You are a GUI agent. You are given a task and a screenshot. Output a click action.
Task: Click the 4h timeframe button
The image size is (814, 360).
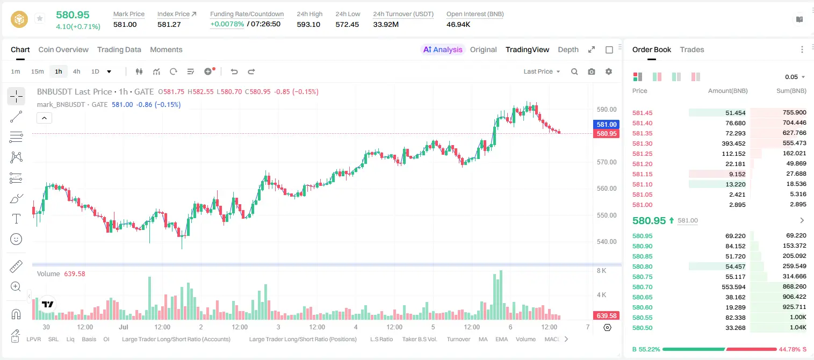click(x=76, y=71)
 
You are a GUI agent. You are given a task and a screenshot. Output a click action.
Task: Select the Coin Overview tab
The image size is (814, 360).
click(x=63, y=49)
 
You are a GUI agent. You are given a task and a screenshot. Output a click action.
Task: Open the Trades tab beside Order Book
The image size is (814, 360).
click(x=692, y=49)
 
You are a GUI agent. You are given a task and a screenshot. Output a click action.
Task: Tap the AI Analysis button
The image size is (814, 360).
click(x=443, y=49)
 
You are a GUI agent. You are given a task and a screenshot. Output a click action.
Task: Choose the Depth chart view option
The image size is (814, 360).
click(x=568, y=49)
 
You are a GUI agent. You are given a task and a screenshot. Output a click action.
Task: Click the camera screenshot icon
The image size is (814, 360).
click(x=592, y=71)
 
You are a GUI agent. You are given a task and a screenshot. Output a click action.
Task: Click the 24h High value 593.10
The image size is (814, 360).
click(x=308, y=24)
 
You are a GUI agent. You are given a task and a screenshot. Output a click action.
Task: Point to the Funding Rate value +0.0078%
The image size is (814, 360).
click(x=227, y=24)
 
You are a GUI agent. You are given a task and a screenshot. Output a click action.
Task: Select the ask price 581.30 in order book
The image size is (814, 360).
click(x=642, y=143)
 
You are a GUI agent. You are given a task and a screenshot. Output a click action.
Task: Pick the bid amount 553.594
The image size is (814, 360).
click(x=733, y=287)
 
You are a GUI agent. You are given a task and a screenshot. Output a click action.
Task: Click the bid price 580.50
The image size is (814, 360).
click(x=642, y=328)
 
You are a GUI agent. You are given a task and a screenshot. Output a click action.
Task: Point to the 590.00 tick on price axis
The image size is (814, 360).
click(x=607, y=110)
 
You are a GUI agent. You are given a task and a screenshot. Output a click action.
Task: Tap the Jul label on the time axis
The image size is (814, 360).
click(x=124, y=327)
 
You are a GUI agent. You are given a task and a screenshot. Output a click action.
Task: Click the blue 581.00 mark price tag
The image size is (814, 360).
click(x=606, y=124)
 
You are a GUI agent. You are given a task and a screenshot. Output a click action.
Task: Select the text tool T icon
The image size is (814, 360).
click(x=16, y=219)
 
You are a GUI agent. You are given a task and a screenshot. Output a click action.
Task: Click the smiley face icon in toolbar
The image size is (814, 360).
click(x=16, y=239)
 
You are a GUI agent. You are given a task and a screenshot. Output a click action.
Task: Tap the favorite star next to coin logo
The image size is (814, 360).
click(x=40, y=18)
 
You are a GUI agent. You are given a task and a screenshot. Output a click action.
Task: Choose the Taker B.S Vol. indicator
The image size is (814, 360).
click(x=419, y=339)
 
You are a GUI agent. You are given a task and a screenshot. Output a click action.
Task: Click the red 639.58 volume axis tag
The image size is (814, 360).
click(x=606, y=316)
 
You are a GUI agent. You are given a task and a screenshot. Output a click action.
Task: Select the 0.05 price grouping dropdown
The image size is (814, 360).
click(x=795, y=77)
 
